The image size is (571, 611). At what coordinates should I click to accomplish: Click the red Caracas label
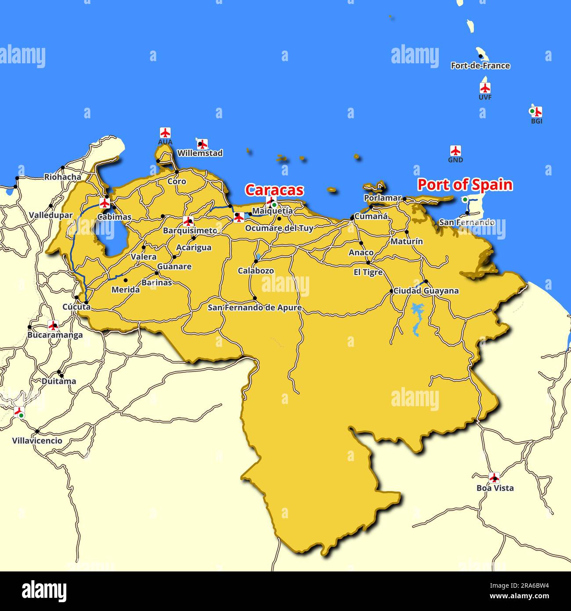(x=274, y=190)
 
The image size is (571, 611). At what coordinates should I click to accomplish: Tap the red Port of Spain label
(x=465, y=185)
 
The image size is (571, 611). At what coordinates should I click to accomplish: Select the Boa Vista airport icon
(x=495, y=478)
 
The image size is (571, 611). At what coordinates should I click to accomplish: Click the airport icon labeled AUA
(x=165, y=133)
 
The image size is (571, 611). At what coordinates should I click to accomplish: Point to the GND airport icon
(x=455, y=151)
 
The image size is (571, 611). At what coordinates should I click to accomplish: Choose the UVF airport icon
(x=485, y=88)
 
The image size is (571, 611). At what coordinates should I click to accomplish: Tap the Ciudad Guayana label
(x=426, y=291)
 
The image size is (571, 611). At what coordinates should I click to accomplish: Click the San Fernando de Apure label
(x=255, y=308)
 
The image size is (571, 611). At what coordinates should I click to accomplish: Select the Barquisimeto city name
(x=190, y=231)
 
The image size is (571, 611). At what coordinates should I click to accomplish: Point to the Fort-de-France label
(x=480, y=66)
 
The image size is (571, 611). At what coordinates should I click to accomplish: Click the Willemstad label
(x=200, y=153)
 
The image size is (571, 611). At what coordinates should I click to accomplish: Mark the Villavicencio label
(x=37, y=440)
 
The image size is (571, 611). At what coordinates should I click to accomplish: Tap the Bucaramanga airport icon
(x=53, y=326)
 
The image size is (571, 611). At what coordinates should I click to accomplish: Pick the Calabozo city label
(x=256, y=271)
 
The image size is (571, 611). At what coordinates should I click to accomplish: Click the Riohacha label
(x=62, y=177)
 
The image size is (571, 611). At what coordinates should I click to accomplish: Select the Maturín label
(x=407, y=241)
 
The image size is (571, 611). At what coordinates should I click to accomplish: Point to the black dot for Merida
(x=126, y=280)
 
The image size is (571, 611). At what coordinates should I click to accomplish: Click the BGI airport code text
(x=536, y=121)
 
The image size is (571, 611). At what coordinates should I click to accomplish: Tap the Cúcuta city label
(x=76, y=307)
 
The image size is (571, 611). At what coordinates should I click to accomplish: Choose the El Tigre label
(x=368, y=273)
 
